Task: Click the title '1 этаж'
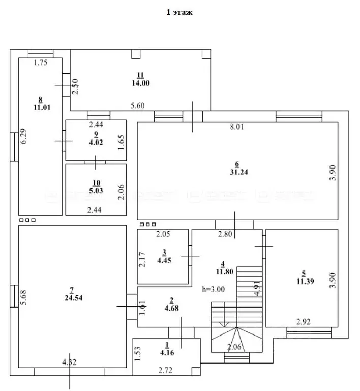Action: [179, 13]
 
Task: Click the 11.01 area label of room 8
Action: [40, 107]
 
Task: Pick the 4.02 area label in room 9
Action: [96, 143]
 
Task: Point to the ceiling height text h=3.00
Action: [213, 289]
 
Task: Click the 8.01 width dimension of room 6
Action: [237, 127]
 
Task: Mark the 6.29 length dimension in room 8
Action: [23, 136]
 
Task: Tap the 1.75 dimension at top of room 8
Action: [40, 63]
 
